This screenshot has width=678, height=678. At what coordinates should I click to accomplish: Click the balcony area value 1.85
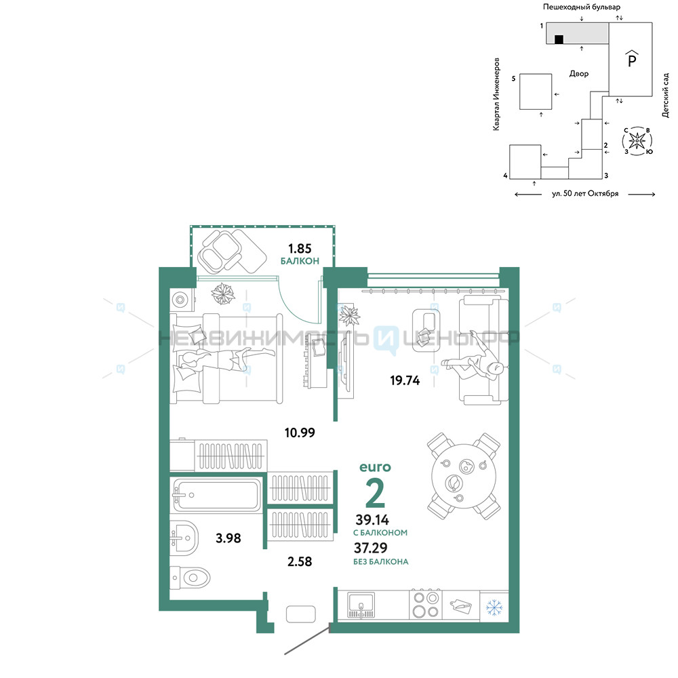click(300, 249)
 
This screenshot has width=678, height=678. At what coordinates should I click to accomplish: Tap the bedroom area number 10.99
click(300, 433)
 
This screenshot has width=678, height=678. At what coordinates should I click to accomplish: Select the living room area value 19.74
click(405, 380)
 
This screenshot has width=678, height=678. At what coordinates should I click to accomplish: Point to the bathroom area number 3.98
click(228, 538)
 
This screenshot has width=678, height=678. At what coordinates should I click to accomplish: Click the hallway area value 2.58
click(300, 561)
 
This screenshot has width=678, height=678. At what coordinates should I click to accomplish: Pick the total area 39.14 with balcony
click(372, 520)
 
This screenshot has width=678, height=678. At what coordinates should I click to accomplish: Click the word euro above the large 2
click(375, 467)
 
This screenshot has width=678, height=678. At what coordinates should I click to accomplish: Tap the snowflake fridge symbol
click(494, 607)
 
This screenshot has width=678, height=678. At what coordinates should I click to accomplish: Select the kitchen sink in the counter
click(361, 605)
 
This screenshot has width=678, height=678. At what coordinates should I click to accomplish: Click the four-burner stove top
click(426, 605)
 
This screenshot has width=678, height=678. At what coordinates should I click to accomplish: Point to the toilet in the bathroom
click(190, 578)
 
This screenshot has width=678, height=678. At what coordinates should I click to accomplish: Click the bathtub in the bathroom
click(216, 495)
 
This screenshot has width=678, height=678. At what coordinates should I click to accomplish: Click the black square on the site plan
click(559, 39)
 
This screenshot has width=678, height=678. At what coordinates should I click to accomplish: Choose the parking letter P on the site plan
click(632, 60)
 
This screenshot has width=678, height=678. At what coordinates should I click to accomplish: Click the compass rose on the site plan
click(637, 141)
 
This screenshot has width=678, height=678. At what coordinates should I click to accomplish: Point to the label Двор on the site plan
click(579, 74)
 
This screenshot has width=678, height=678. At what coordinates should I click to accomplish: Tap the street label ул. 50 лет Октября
click(585, 194)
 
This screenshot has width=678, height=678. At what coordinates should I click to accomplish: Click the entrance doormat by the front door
click(300, 614)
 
